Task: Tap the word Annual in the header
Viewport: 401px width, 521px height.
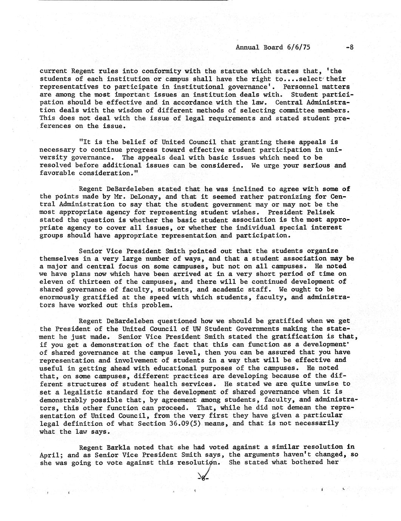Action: point(247,47)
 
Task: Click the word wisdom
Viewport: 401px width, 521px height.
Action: point(134,110)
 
